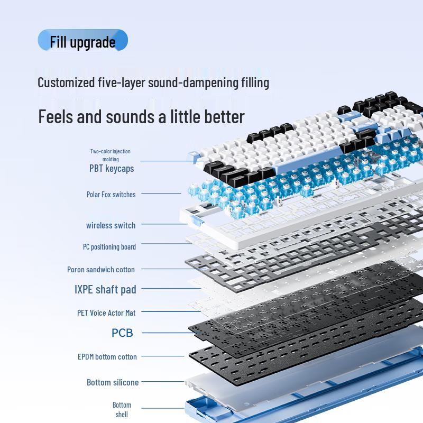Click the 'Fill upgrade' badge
(82, 41)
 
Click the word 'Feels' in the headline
(56, 116)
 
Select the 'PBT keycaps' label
(111, 169)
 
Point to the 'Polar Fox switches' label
(111, 195)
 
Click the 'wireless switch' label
(111, 225)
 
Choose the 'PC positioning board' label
(109, 247)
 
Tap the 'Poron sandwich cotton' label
(101, 270)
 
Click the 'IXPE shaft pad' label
(105, 289)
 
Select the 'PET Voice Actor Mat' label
(106, 313)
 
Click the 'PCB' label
(122, 333)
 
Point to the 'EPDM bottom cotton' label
(107, 357)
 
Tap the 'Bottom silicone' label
(113, 382)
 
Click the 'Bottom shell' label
(122, 410)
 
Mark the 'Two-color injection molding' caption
(111, 155)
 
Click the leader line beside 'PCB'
(164, 333)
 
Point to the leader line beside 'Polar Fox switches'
(161, 194)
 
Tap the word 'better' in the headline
(223, 116)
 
